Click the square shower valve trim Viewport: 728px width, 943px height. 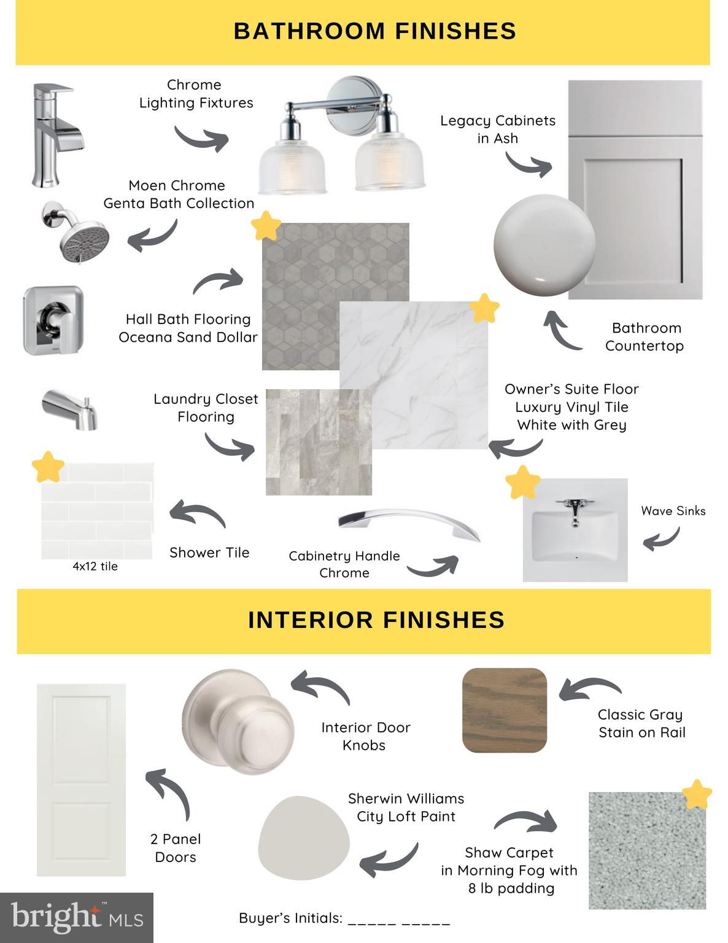[x=53, y=320]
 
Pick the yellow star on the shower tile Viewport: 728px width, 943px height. [x=48, y=467]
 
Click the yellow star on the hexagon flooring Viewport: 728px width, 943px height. [x=266, y=226]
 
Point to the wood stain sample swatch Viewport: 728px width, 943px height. [x=505, y=710]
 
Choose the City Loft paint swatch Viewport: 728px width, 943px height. [x=304, y=838]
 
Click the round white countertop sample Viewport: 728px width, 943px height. [x=544, y=245]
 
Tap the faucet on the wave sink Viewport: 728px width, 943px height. [x=575, y=511]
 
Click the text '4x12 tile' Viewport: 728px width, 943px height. [x=95, y=566]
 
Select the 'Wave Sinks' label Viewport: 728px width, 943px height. [x=673, y=511]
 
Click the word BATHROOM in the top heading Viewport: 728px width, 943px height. [x=309, y=31]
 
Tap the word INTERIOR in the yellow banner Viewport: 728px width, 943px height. [x=310, y=620]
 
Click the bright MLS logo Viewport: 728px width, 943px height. [x=77, y=917]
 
